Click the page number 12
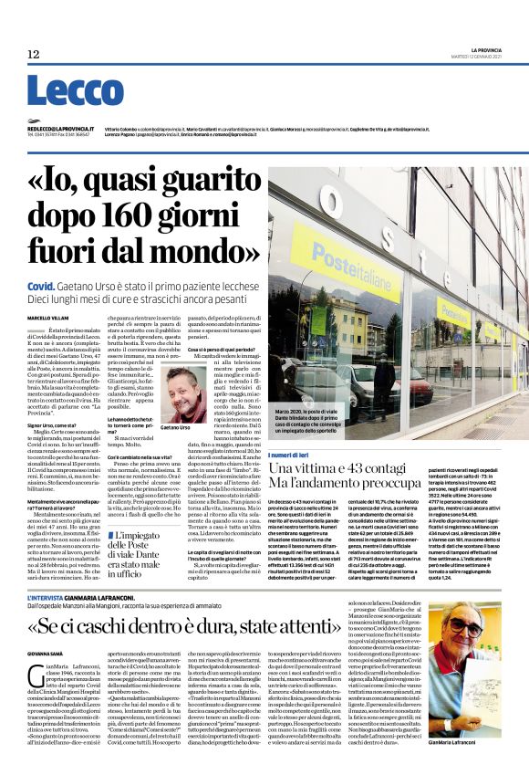click(x=33, y=55)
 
